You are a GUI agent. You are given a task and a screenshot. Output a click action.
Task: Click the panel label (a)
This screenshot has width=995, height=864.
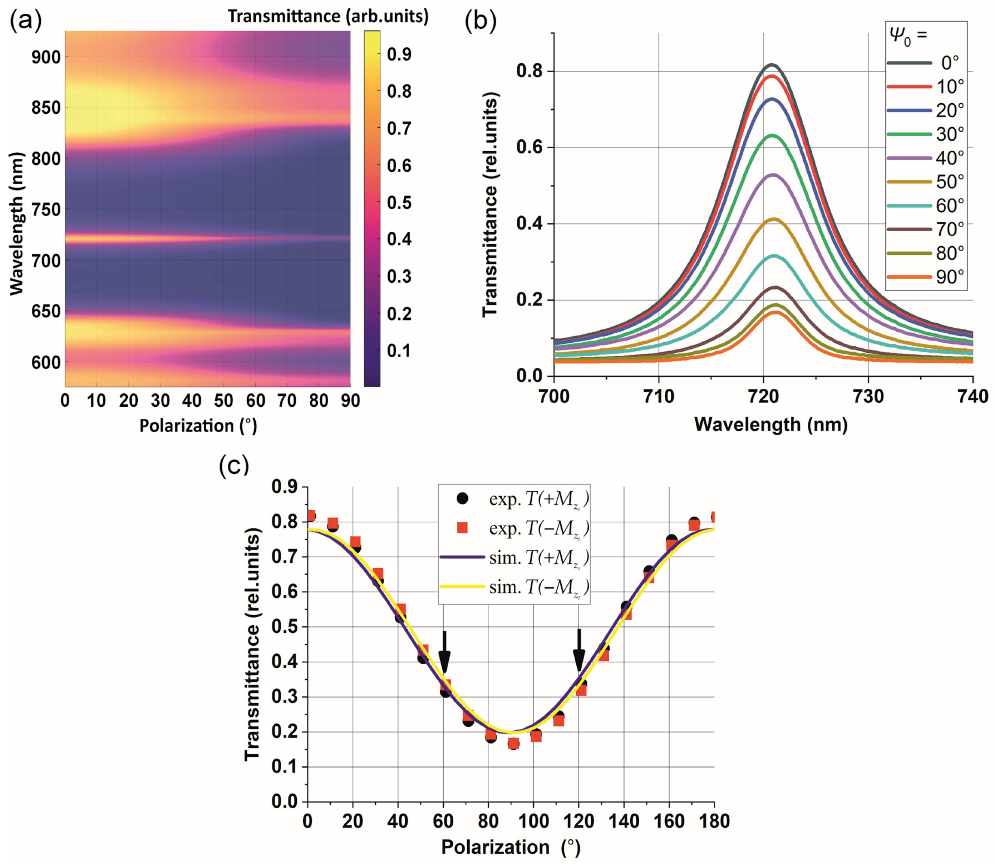[26, 21]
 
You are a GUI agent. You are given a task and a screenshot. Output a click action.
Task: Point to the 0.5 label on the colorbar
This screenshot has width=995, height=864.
[399, 203]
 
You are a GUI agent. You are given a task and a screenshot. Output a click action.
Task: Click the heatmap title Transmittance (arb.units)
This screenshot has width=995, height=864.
[328, 16]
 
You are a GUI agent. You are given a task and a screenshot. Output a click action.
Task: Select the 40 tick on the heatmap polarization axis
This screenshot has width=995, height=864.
[192, 401]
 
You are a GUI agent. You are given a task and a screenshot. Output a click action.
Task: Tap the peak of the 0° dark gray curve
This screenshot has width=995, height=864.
[772, 64]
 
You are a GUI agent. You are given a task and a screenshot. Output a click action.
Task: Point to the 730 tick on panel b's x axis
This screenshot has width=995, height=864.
[868, 396]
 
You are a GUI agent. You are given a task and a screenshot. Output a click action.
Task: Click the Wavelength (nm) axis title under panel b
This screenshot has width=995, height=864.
[771, 424]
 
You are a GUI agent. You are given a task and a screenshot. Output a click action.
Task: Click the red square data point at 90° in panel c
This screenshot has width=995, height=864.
[514, 744]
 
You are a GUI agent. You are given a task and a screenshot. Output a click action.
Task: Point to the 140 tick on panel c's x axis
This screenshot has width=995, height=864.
[624, 821]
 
